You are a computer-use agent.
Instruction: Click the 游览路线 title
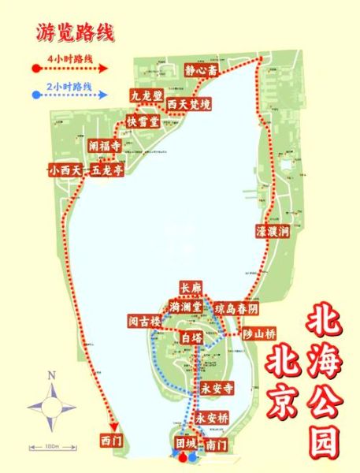point(75,32)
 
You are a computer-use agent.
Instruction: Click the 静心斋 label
point(200,70)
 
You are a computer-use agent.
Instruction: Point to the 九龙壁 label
point(145,95)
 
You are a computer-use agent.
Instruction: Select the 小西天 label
point(65,169)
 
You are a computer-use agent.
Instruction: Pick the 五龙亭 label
point(106,169)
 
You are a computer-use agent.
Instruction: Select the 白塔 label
point(191,337)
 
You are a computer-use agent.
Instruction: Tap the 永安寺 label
point(213,389)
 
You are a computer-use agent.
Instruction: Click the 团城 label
point(186,443)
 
